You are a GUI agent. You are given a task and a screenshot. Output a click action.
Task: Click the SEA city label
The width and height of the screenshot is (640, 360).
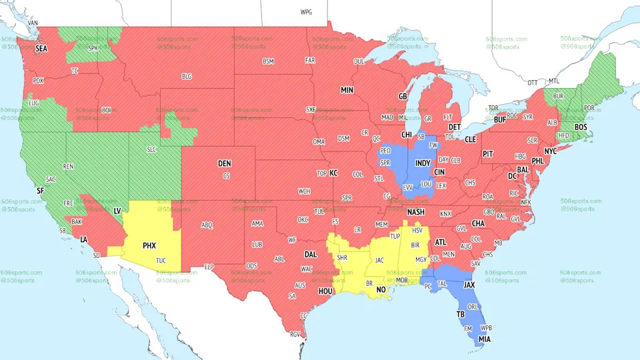tap(41, 48)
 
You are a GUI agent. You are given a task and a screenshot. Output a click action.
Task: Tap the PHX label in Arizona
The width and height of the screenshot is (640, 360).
tap(149, 245)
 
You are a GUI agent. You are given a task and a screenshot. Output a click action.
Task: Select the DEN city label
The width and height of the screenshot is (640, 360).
tap(225, 163)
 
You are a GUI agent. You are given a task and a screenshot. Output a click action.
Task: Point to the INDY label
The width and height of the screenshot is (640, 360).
tap(423, 163)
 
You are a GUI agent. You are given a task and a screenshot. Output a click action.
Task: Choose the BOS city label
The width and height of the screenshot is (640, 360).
tap(581, 127)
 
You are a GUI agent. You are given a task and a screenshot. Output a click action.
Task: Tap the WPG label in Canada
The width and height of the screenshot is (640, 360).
tap(306, 12)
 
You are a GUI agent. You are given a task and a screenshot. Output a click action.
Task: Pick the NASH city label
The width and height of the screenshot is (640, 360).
tap(416, 213)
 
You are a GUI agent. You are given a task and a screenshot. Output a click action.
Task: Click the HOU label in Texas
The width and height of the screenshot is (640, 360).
tap(325, 291)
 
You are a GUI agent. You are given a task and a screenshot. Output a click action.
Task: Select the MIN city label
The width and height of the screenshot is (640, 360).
tap(347, 90)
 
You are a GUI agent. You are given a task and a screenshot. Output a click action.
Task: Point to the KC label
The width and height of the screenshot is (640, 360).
tap(334, 173)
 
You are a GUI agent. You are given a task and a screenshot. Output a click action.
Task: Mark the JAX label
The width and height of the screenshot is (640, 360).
tap(469, 284)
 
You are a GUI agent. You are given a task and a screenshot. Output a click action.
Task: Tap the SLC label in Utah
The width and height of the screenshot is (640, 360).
tap(151, 149)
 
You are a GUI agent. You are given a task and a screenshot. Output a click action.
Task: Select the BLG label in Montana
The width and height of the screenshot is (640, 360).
tap(187, 77)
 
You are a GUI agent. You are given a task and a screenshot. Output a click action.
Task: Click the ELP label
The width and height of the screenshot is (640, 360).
tap(209, 267)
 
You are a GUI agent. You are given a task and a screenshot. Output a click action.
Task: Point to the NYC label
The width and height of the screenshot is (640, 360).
tap(550, 151)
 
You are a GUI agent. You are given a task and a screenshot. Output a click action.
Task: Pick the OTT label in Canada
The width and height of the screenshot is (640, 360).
tap(532, 83)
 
